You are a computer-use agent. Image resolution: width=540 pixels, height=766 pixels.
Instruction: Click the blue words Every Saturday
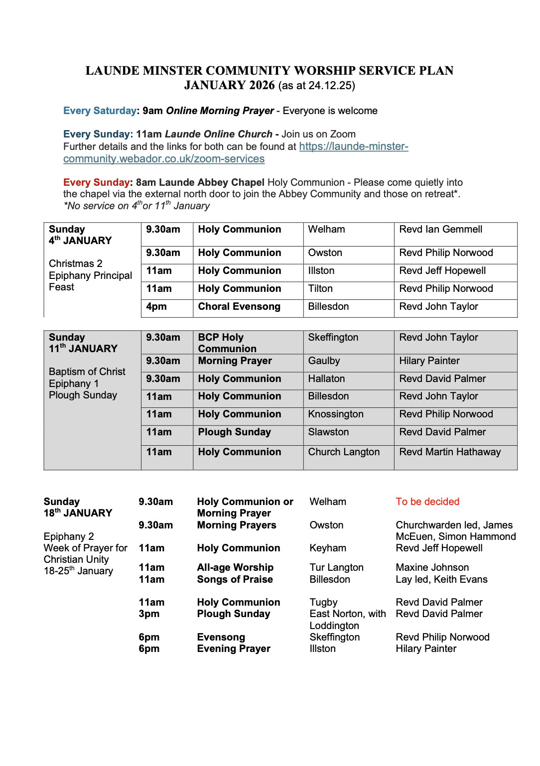[x=100, y=111]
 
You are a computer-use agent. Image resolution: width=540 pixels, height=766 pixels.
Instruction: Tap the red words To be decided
[x=427, y=502]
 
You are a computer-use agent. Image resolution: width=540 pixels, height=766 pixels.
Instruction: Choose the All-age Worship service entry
[x=235, y=568]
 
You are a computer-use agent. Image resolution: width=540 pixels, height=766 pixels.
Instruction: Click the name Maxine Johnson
[x=432, y=568]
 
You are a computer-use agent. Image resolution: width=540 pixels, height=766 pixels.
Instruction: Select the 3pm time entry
[x=149, y=614]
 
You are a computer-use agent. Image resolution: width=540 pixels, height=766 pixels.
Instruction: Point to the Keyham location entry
[x=328, y=548]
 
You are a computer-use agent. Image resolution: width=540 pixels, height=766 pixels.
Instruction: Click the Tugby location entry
[x=323, y=603]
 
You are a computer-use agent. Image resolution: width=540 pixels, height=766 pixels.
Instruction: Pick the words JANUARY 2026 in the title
[x=229, y=85]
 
